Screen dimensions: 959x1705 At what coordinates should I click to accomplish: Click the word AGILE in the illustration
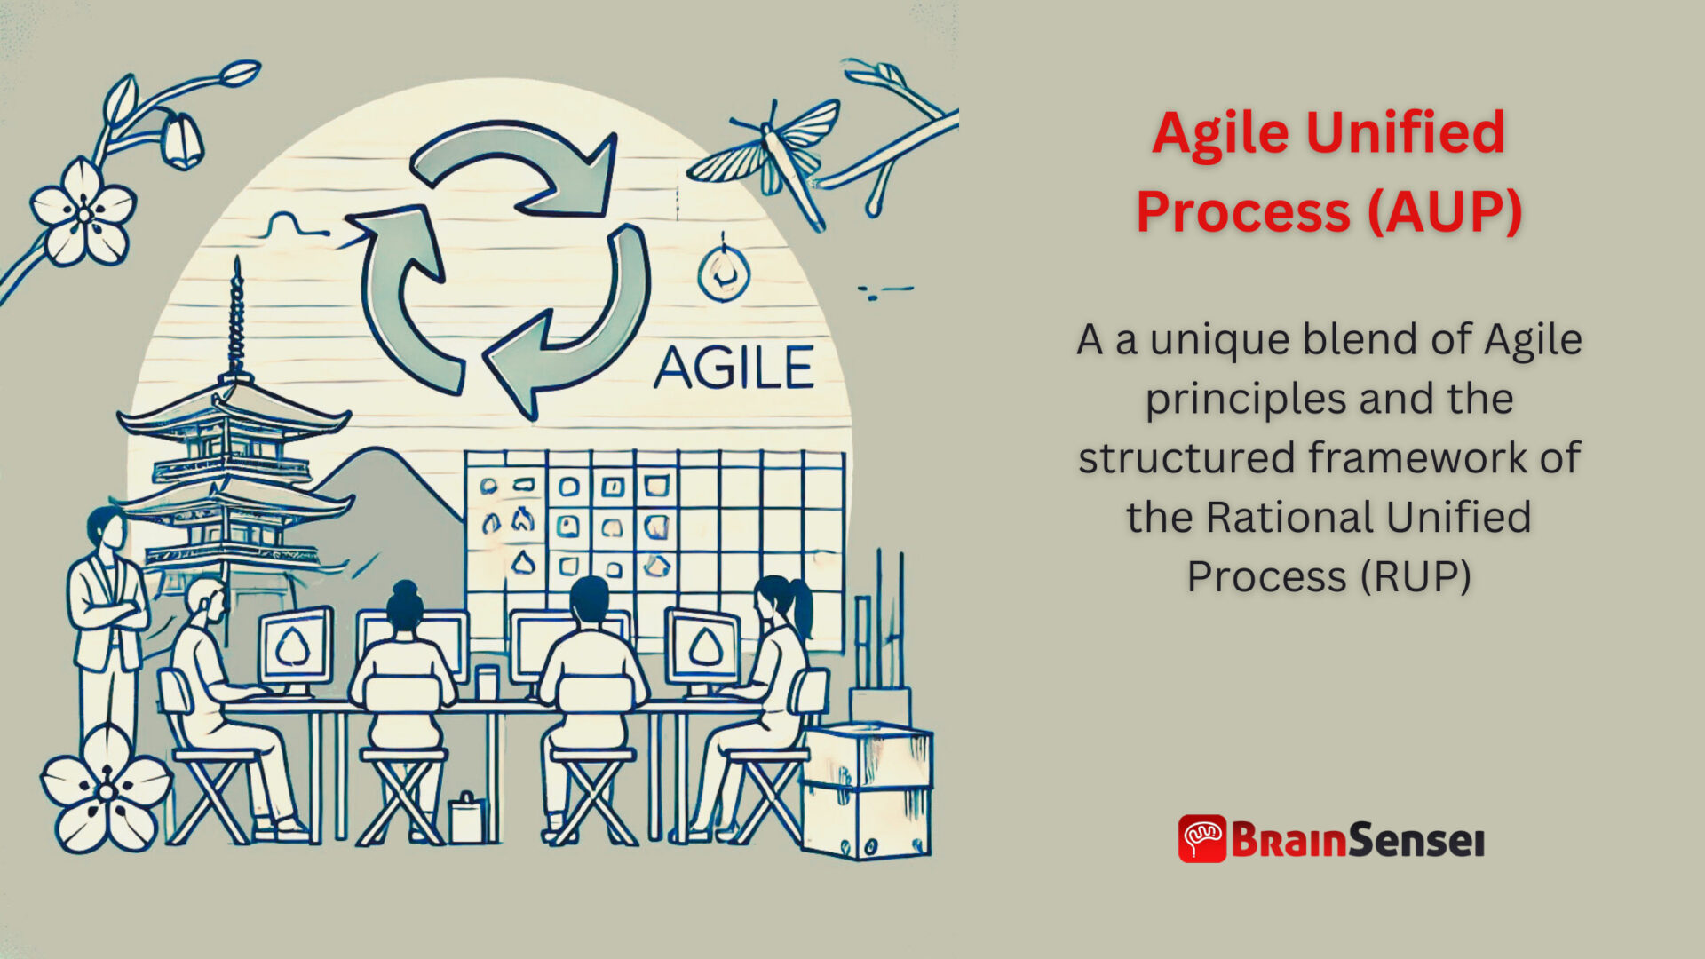tap(734, 368)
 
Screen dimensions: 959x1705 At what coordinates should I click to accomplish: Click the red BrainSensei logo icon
tap(1201, 839)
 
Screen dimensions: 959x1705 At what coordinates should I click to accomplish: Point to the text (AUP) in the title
tap(1445, 212)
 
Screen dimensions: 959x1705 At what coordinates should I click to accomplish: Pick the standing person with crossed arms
tap(108, 613)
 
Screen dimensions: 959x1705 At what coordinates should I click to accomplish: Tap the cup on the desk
tap(487, 682)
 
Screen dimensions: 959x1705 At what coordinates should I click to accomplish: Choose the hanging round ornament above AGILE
tap(723, 274)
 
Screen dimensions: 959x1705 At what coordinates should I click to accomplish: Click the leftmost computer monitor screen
tap(295, 646)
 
